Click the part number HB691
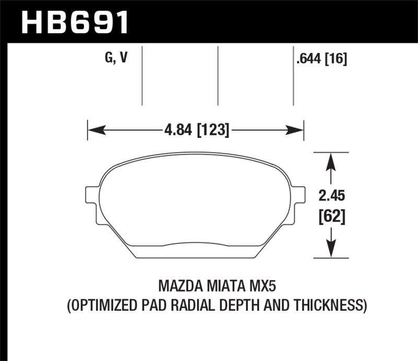point(74,21)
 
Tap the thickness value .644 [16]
point(321,59)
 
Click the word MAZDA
point(179,287)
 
